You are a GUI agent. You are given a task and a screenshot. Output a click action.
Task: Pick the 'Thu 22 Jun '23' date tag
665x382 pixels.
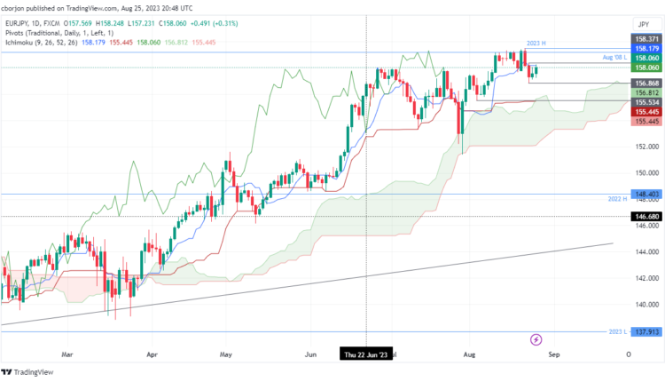point(365,354)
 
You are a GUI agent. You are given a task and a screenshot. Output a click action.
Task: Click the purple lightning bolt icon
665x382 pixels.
point(536,339)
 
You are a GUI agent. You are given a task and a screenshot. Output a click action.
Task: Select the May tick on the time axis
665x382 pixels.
point(225,354)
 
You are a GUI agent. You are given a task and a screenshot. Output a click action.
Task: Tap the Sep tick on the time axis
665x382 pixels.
point(553,354)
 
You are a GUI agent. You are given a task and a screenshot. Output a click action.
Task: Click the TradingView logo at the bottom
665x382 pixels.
point(31,372)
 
